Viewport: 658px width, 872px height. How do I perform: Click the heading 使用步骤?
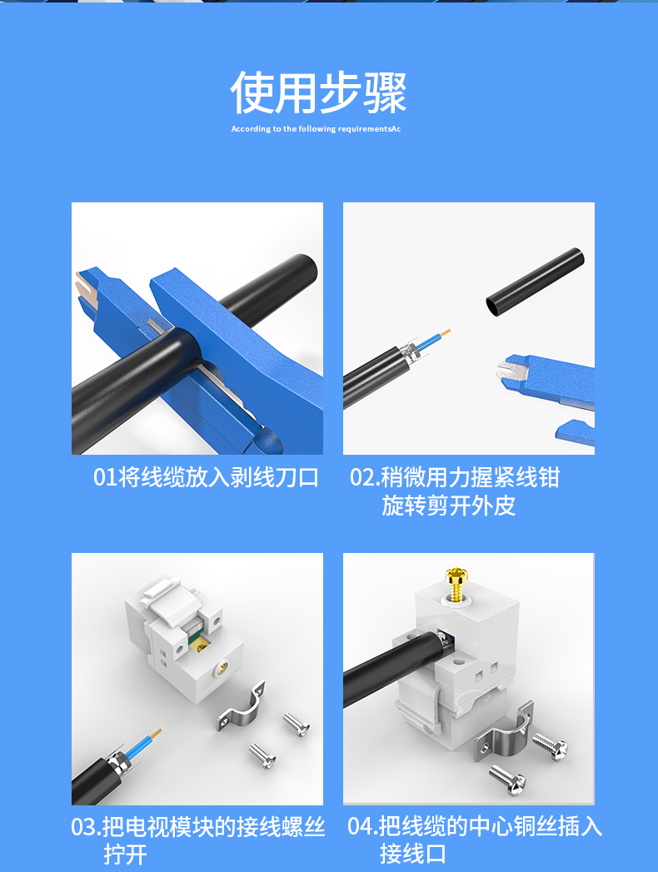[x=319, y=92]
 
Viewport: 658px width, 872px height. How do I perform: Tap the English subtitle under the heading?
[x=316, y=129]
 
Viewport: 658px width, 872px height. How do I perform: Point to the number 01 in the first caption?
[x=105, y=478]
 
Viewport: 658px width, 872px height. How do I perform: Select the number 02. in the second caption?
[x=364, y=478]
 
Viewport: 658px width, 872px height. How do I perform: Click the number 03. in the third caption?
[x=86, y=827]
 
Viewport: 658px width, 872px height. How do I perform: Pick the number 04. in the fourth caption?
[x=362, y=826]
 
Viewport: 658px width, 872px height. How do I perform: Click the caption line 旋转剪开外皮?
[x=448, y=506]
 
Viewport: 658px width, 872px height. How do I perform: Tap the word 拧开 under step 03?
[x=125, y=855]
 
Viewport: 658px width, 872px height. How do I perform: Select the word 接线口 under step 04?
[x=413, y=854]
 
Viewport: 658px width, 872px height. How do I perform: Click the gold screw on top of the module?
[x=456, y=584]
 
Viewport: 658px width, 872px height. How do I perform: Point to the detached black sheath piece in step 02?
[x=535, y=282]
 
